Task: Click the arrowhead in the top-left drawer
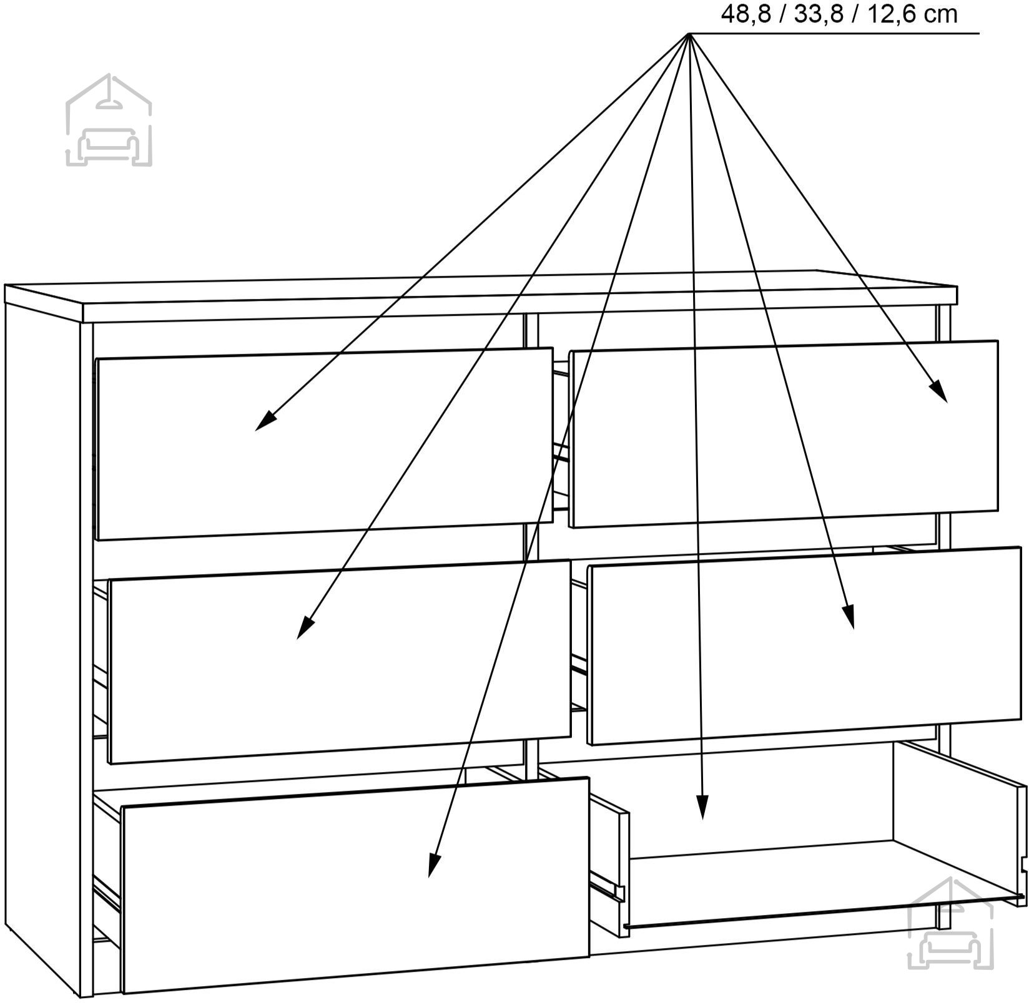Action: click(265, 421)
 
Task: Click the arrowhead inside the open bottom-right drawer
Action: click(702, 806)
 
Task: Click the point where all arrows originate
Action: click(689, 33)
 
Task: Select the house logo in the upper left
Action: click(109, 120)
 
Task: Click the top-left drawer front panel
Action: click(324, 444)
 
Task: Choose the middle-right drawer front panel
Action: click(804, 646)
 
